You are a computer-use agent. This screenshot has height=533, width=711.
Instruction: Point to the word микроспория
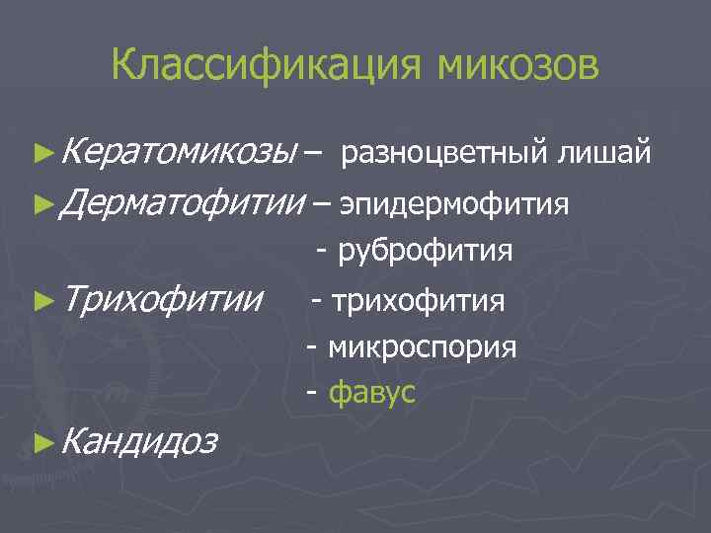click(x=423, y=346)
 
